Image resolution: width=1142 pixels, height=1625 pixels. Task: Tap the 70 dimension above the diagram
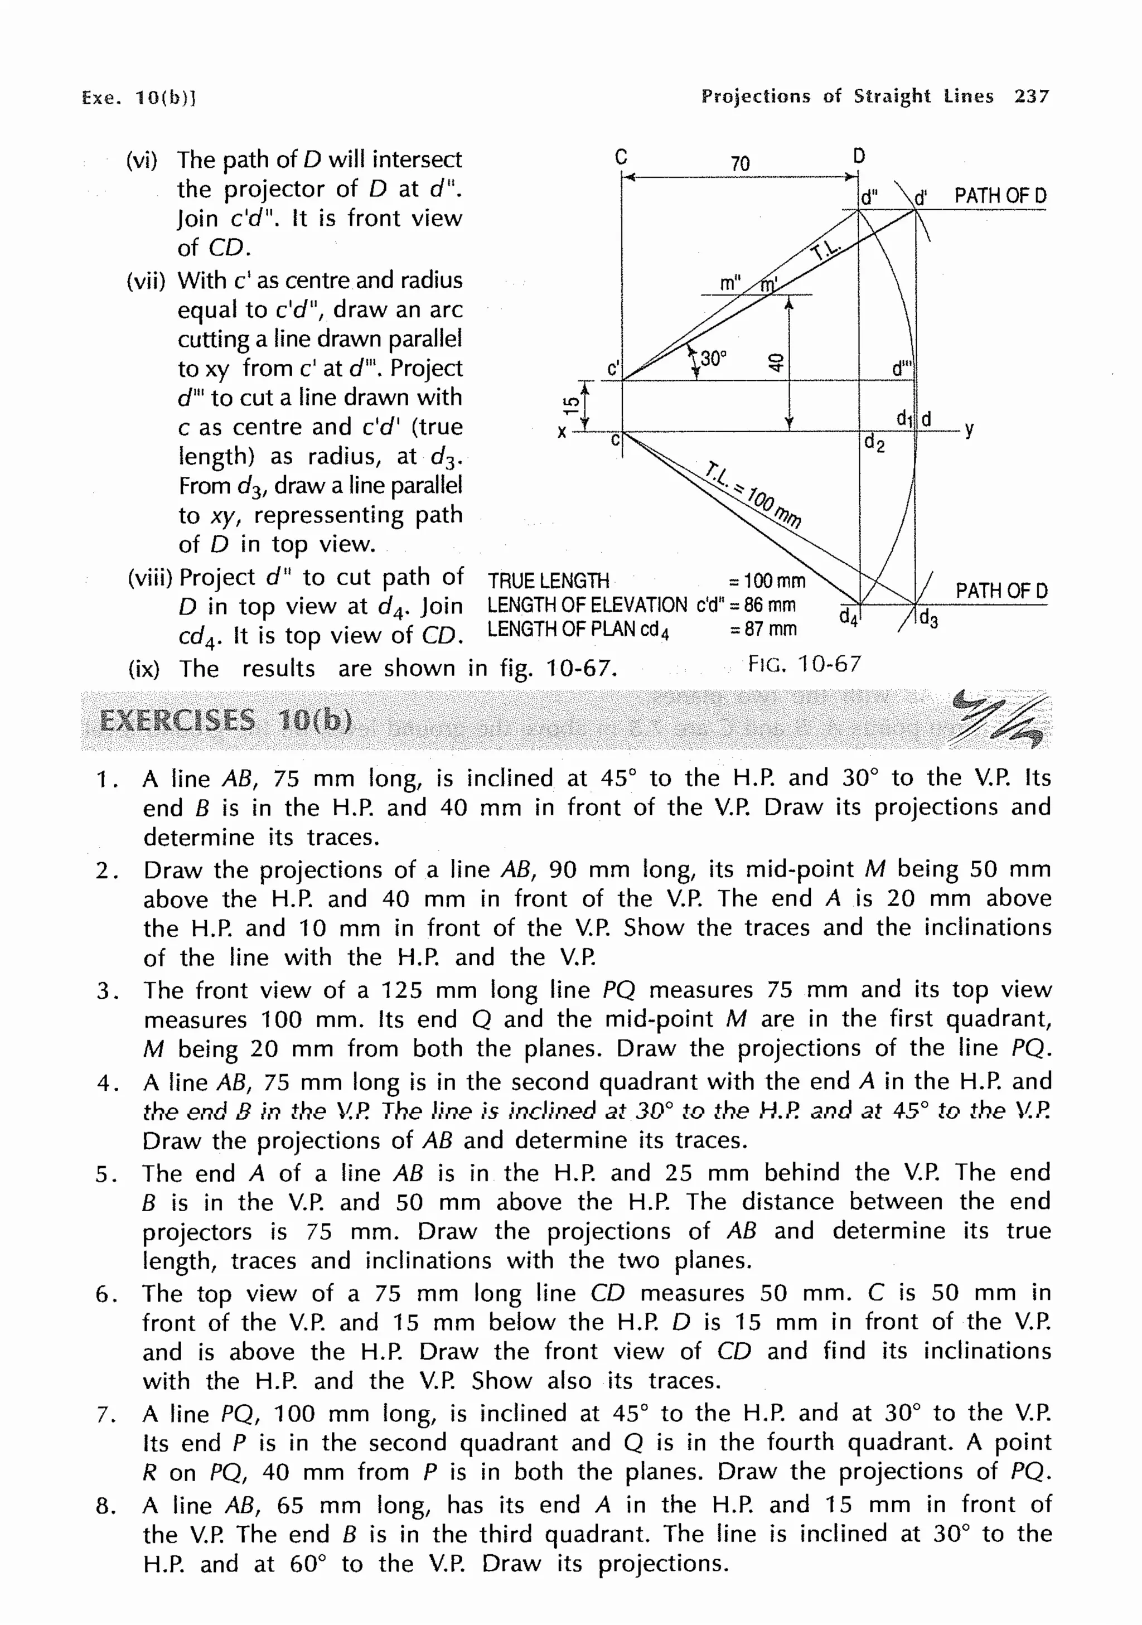point(739,163)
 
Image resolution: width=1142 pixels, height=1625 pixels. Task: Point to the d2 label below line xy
point(874,444)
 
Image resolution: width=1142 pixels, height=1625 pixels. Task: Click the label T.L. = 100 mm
point(753,495)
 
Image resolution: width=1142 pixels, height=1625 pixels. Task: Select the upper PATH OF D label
point(1000,196)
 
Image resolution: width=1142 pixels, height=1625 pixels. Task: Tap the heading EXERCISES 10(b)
point(226,720)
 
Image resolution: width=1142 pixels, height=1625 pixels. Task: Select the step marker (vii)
point(145,281)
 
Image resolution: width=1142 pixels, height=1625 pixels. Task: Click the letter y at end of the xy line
point(969,428)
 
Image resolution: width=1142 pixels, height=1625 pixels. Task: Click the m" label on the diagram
point(729,284)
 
